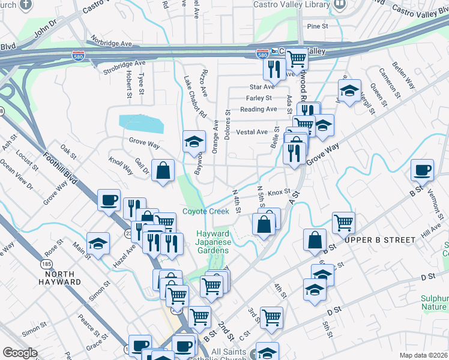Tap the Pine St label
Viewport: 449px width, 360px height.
click(x=318, y=26)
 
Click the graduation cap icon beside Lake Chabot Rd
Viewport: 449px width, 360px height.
click(x=194, y=141)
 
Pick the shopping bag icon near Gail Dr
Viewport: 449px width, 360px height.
click(x=163, y=170)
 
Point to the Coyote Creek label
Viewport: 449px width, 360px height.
click(x=206, y=212)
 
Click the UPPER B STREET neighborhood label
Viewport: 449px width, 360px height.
click(x=380, y=240)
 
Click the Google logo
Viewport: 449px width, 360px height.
click(x=20, y=353)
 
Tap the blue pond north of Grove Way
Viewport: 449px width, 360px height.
click(x=142, y=124)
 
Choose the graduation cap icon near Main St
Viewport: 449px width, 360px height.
click(x=98, y=244)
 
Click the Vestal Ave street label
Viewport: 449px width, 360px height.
click(x=252, y=132)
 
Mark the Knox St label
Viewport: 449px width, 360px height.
click(x=279, y=193)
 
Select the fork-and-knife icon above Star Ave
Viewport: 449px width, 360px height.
click(x=273, y=70)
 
